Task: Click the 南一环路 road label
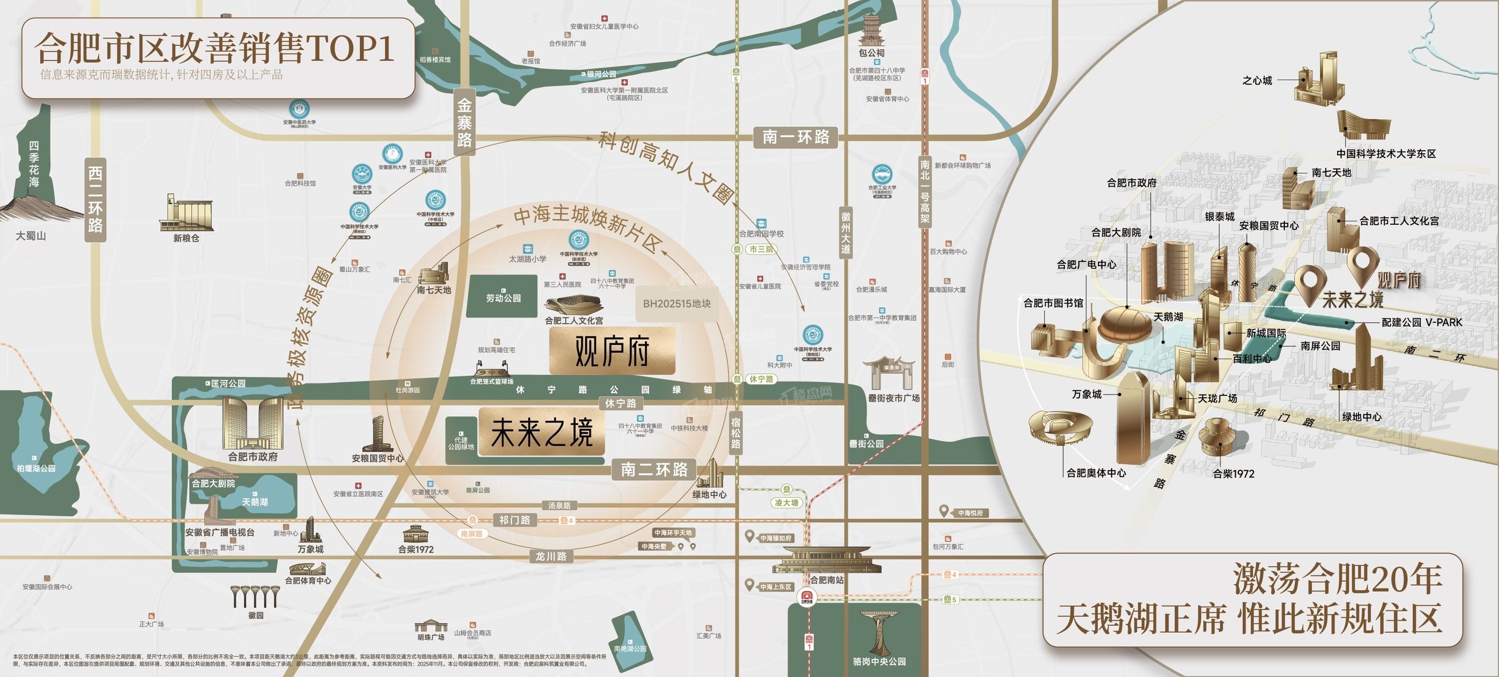click(x=795, y=138)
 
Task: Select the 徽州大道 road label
click(x=846, y=232)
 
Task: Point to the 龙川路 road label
click(x=550, y=556)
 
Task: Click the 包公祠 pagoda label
click(x=872, y=53)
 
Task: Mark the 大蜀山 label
click(x=31, y=236)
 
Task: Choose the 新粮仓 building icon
click(x=186, y=213)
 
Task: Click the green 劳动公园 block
click(x=503, y=296)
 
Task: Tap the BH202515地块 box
click(x=676, y=303)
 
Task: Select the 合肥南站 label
click(x=826, y=580)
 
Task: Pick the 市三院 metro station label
click(x=761, y=249)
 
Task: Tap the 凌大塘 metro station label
click(x=786, y=502)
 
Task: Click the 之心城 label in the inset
click(x=1257, y=81)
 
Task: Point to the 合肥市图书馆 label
click(x=1053, y=303)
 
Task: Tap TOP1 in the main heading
click(x=349, y=48)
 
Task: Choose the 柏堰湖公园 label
click(x=36, y=468)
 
